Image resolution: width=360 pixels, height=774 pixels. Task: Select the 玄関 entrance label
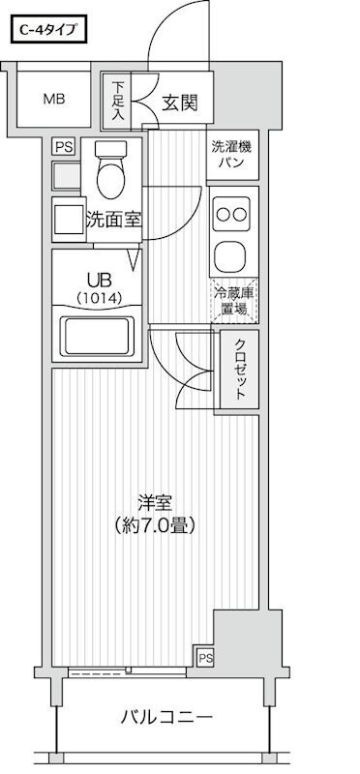tap(179, 102)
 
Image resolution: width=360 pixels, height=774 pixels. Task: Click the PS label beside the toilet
tap(63, 147)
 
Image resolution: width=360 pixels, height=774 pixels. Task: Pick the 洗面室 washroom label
tap(113, 220)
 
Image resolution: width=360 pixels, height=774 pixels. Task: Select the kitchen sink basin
tap(231, 255)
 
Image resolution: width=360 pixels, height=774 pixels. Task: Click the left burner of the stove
tap(222, 214)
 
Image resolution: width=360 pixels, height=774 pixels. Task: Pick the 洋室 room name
tap(154, 503)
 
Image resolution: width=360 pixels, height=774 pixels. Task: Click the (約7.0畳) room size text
tap(154, 526)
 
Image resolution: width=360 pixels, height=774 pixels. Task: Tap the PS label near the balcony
tap(204, 658)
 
